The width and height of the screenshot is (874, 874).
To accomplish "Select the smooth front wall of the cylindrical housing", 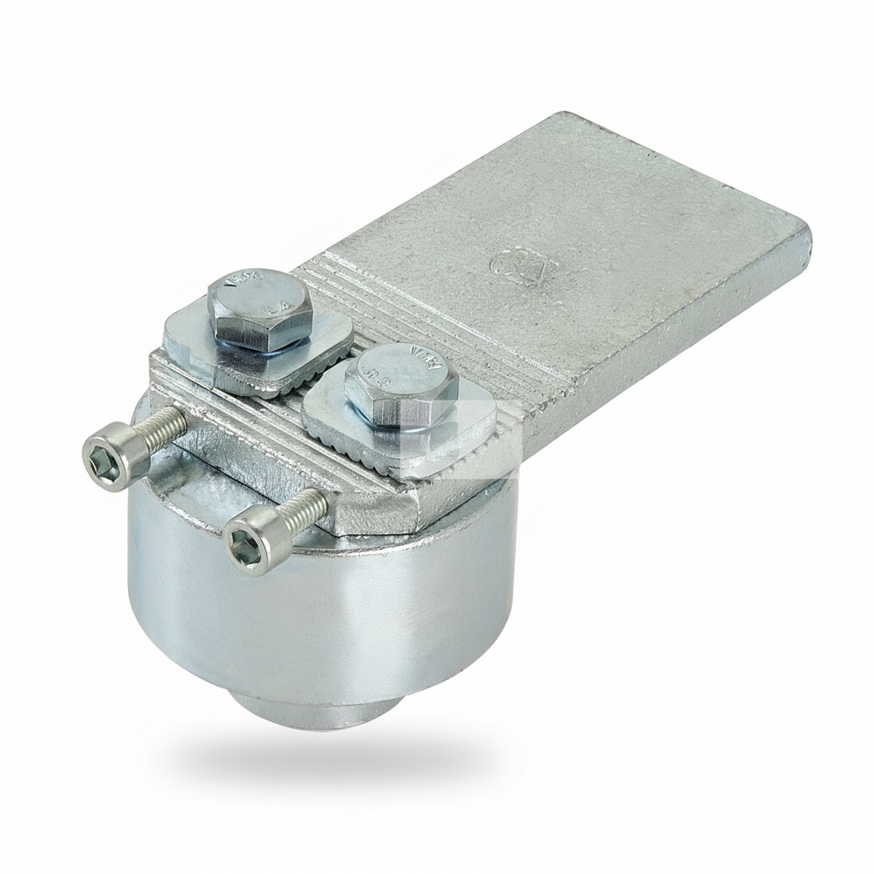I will click(324, 615).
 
